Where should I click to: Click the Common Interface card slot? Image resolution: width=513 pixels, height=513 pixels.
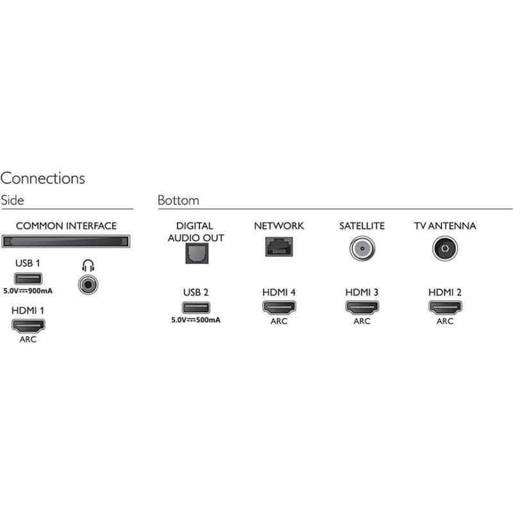pyautogui.click(x=66, y=242)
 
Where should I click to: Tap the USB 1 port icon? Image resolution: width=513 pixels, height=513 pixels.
pyautogui.click(x=28, y=279)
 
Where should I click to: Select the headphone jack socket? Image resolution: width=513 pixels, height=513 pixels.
pyautogui.click(x=88, y=285)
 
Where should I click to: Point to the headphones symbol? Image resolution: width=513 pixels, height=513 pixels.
pyautogui.click(x=88, y=265)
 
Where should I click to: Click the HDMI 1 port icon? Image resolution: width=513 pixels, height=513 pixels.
pyautogui.click(x=28, y=326)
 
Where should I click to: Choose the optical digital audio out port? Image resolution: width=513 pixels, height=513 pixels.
pyautogui.click(x=197, y=253)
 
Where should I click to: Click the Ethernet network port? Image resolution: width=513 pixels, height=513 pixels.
pyautogui.click(x=279, y=246)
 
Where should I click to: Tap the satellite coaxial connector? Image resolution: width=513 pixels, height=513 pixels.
pyautogui.click(x=362, y=249)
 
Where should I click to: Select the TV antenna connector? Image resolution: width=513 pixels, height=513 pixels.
pyautogui.click(x=445, y=249)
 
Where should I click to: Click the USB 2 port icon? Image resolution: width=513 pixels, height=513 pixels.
pyautogui.click(x=196, y=308)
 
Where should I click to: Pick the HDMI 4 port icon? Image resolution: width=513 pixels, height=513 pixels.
pyautogui.click(x=279, y=308)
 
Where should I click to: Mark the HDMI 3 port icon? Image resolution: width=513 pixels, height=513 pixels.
pyautogui.click(x=362, y=308)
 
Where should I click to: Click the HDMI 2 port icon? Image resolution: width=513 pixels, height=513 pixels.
pyautogui.click(x=445, y=308)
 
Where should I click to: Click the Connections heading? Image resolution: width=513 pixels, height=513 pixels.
pyautogui.click(x=43, y=178)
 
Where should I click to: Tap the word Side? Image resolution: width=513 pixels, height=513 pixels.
pyautogui.click(x=12, y=200)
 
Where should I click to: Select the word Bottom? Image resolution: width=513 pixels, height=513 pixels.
pyautogui.click(x=178, y=200)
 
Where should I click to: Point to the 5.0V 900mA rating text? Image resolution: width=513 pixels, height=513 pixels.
pyautogui.click(x=28, y=291)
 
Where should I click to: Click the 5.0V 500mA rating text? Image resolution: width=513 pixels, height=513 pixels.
pyautogui.click(x=196, y=320)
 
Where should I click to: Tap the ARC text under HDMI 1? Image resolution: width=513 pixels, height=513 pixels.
pyautogui.click(x=28, y=339)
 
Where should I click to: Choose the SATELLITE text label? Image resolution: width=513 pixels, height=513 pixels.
pyautogui.click(x=362, y=226)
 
